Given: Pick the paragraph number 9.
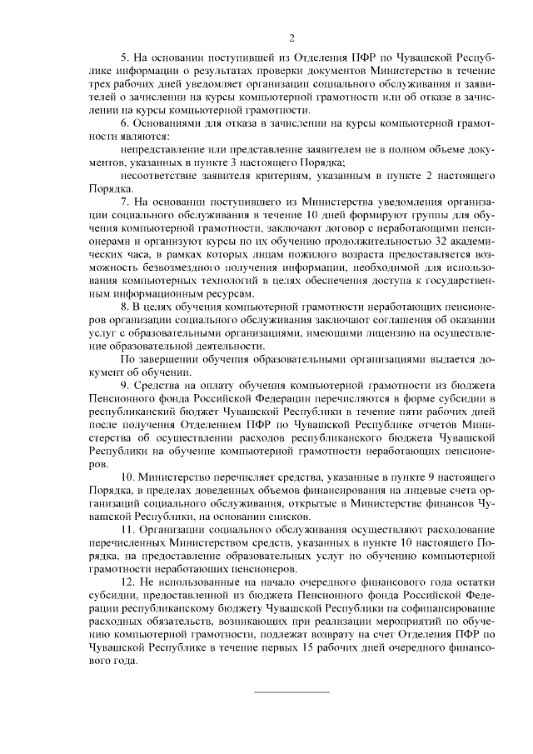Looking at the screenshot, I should tap(124, 384).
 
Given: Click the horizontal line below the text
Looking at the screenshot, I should tap(291, 692).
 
